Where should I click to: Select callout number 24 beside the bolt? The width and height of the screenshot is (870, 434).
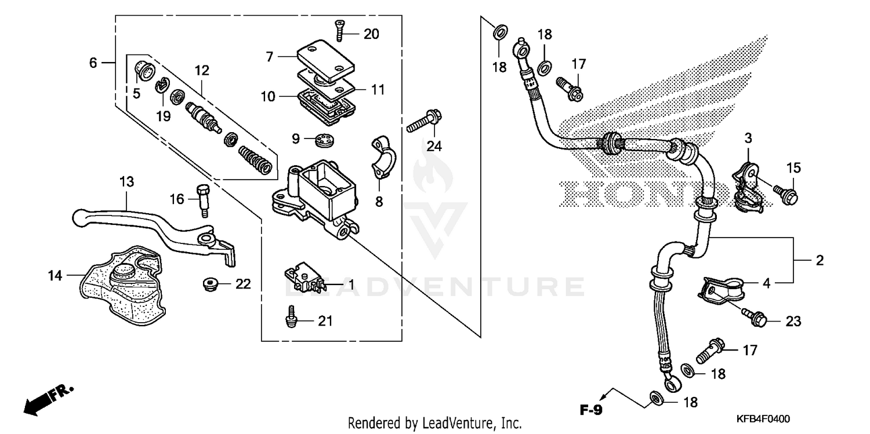tap(434, 147)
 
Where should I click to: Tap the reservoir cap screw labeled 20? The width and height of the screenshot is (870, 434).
tap(339, 30)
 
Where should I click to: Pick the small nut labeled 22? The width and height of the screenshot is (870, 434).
tap(210, 284)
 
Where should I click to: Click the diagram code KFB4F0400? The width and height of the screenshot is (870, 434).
tap(764, 419)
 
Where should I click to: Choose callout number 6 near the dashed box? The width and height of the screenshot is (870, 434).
tap(93, 62)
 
